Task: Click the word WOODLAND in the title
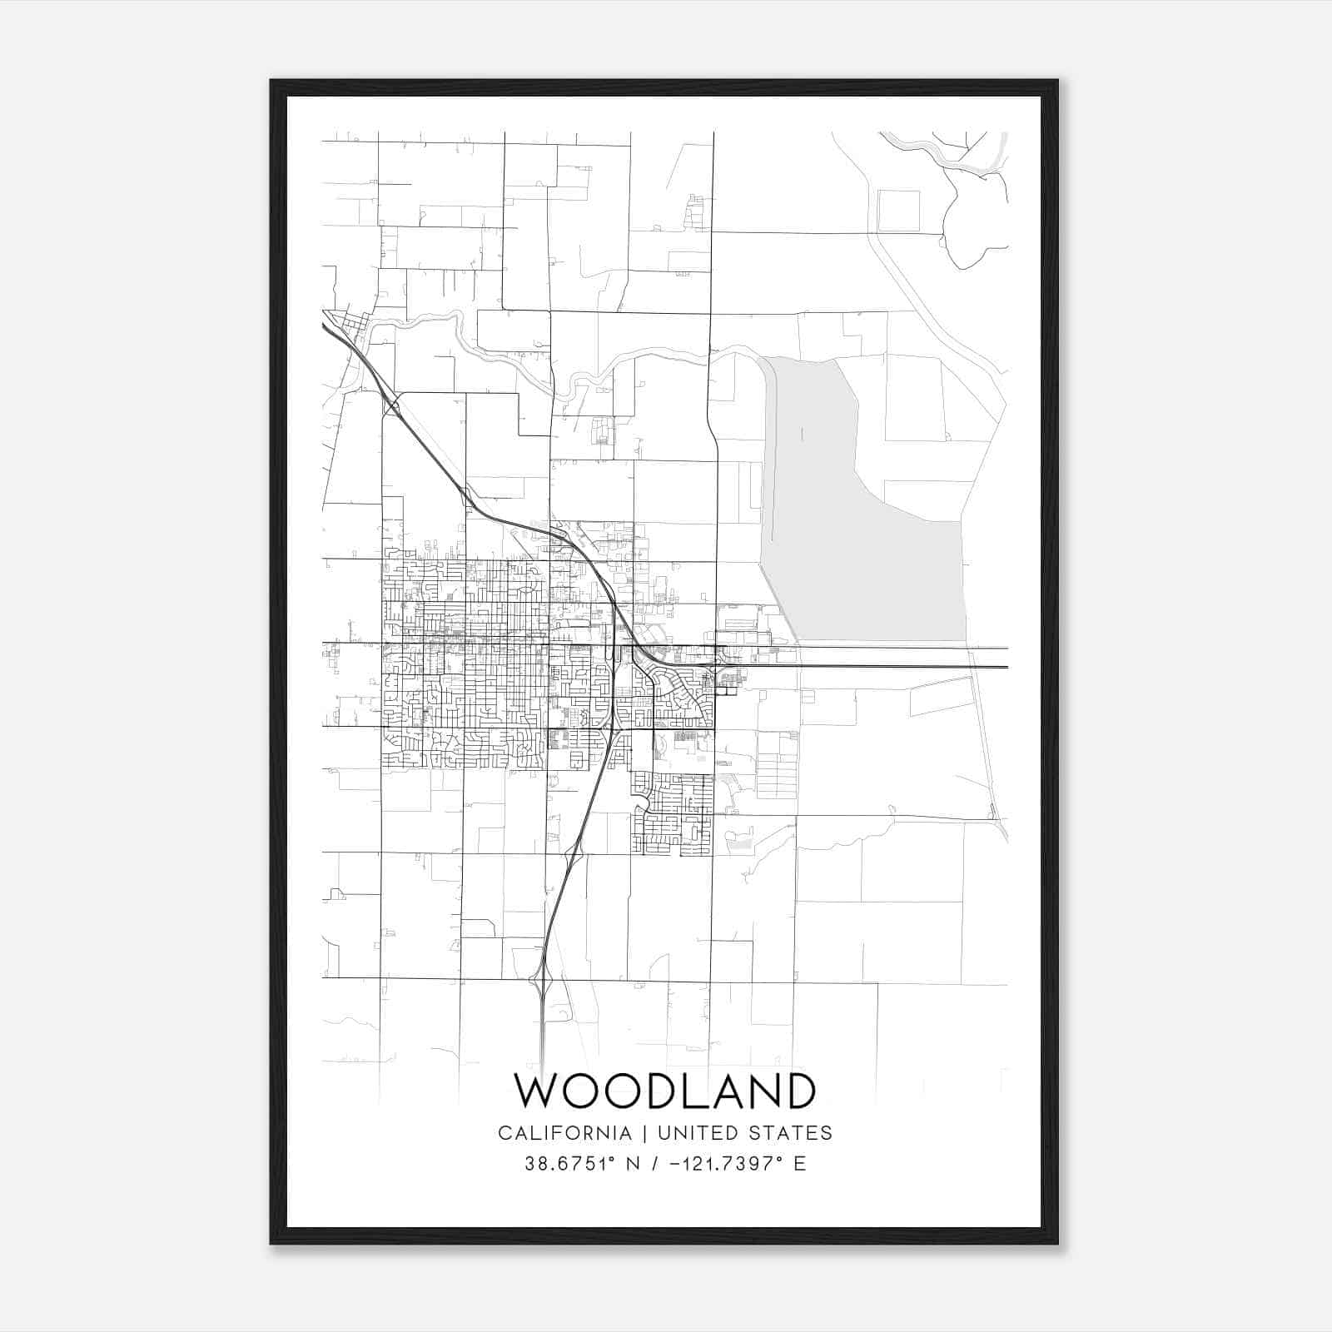[x=664, y=1091]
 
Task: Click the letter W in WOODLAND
[x=534, y=1091]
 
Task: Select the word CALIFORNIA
[x=564, y=1133]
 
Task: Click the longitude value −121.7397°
[x=726, y=1164]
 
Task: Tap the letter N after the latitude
[x=632, y=1164]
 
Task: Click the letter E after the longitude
[x=800, y=1164]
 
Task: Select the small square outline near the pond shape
[x=899, y=211]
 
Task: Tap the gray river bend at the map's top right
[x=949, y=158]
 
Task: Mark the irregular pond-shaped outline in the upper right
[x=970, y=225]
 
